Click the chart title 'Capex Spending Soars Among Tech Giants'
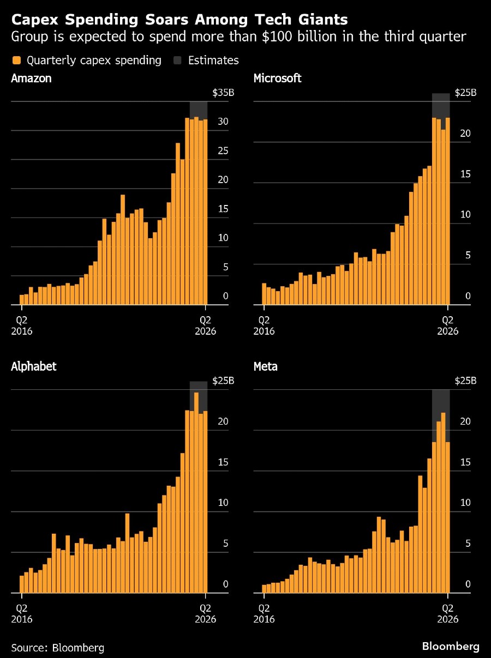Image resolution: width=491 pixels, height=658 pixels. tap(179, 20)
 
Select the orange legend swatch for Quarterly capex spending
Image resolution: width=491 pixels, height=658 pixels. tap(17, 60)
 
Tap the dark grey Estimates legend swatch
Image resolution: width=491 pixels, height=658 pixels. tap(178, 60)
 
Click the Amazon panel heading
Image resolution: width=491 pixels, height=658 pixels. tap(31, 78)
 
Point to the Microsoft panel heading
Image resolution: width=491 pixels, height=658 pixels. tap(277, 78)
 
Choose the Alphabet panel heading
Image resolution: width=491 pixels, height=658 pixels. tap(34, 366)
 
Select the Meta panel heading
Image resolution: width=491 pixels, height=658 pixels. tap(266, 366)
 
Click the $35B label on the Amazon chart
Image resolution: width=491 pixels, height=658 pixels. tap(223, 93)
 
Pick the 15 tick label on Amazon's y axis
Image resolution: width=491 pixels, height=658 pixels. tap(223, 209)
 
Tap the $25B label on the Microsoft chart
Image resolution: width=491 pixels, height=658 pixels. tap(465, 93)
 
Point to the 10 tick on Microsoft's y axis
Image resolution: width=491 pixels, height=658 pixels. tap(465, 214)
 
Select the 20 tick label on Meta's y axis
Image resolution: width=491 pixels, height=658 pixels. tap(465, 421)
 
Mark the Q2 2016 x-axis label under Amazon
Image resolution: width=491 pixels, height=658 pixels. tap(22, 325)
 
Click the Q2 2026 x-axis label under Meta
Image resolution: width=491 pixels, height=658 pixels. tap(447, 613)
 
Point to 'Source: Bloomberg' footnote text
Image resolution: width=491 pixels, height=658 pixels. tap(57, 648)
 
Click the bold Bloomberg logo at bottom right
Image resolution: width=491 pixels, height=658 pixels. tap(451, 647)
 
